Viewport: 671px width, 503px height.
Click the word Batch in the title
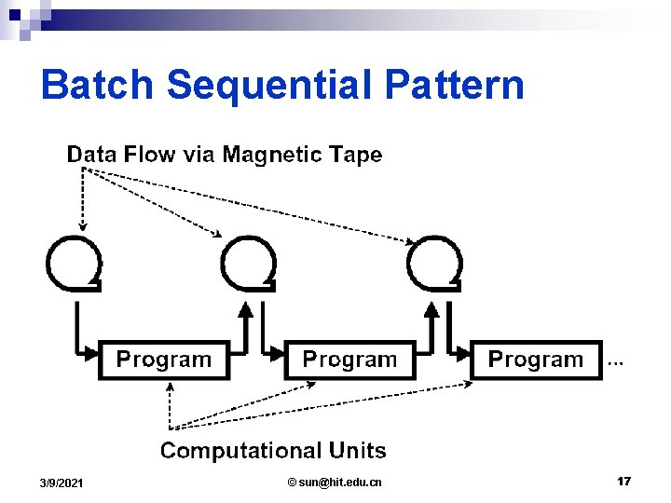tap(98, 85)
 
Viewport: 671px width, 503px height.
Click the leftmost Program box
tap(163, 360)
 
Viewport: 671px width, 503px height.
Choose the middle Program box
tap(349, 360)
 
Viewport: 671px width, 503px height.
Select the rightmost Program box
tap(536, 360)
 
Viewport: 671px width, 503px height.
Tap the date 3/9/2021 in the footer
tap(61, 483)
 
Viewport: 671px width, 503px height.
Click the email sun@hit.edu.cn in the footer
tap(335, 482)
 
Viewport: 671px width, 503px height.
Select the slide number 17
tap(623, 481)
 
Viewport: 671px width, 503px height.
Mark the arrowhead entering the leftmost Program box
tap(91, 353)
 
